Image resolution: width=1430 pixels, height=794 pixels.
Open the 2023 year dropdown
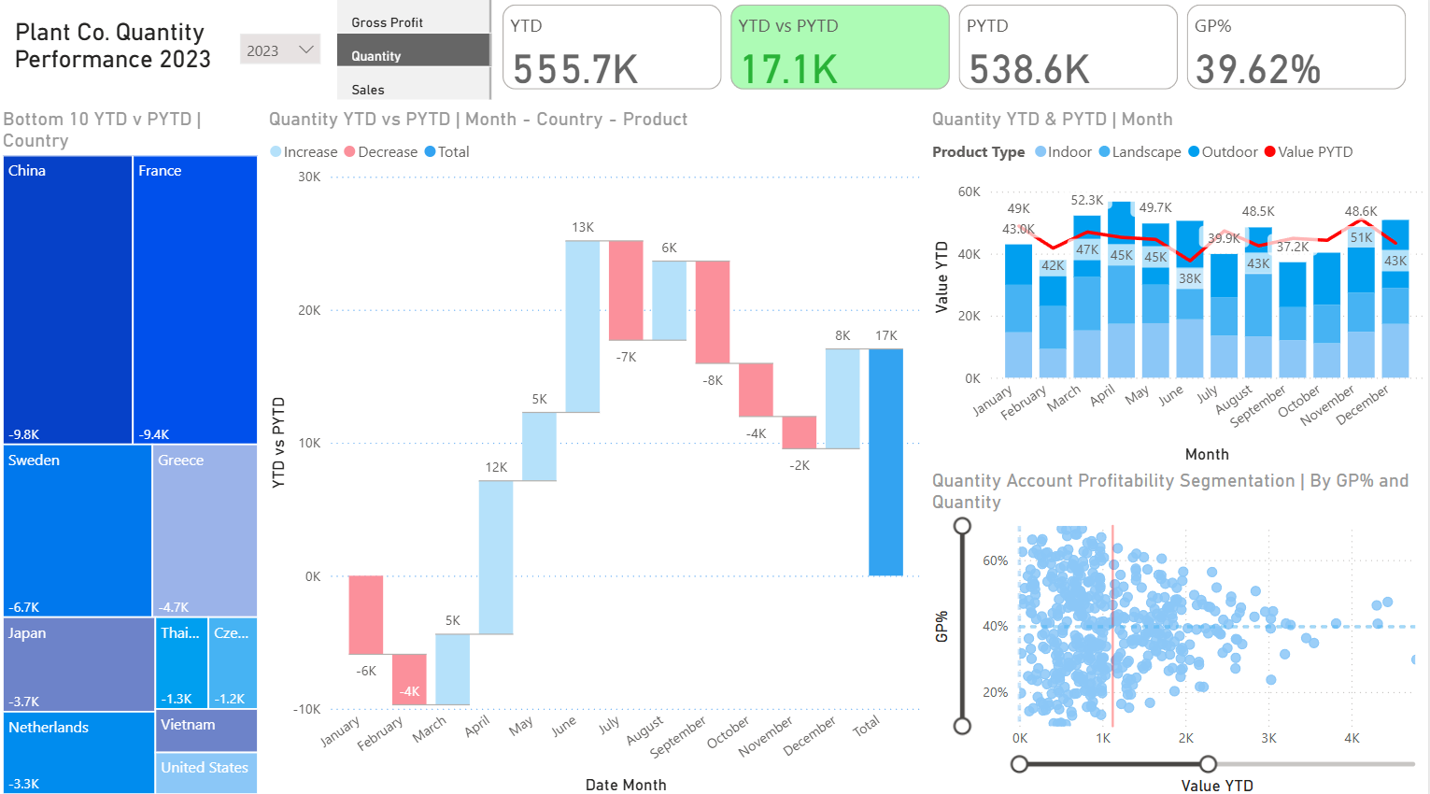click(x=279, y=50)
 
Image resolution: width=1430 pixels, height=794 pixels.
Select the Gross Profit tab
click(x=387, y=22)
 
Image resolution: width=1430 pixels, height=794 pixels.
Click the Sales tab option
click(x=368, y=90)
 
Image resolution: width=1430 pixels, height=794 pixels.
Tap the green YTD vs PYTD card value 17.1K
click(x=789, y=69)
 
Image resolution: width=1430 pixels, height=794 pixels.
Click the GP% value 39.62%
click(x=1257, y=69)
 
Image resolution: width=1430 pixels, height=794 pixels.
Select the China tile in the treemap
click(x=67, y=299)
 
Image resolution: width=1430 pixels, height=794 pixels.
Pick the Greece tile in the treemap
click(x=205, y=530)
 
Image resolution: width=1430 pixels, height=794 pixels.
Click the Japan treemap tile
click(x=78, y=664)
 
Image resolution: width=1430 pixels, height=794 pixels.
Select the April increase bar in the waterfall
click(x=495, y=557)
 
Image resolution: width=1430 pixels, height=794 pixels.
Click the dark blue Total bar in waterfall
click(x=885, y=461)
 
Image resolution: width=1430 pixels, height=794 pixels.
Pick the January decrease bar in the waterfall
click(x=365, y=615)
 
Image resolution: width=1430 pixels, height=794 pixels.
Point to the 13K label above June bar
click(x=583, y=227)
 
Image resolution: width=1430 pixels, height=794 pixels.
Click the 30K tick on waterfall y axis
click(x=309, y=177)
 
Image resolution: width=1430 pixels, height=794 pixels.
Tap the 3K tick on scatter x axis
click(x=1268, y=738)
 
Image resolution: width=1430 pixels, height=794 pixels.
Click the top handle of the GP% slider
click(x=962, y=526)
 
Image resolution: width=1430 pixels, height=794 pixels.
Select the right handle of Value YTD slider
click(x=1208, y=764)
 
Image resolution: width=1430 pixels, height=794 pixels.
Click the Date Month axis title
click(x=626, y=785)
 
